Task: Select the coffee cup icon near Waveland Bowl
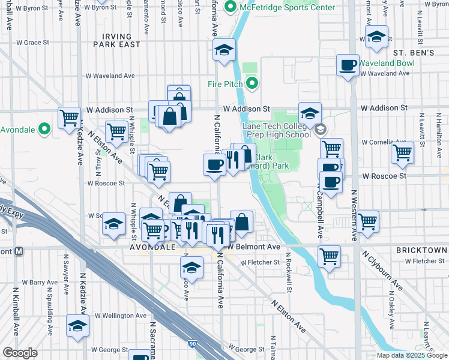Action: (x=348, y=65)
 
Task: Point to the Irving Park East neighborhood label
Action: (x=117, y=40)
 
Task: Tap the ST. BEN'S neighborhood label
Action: (x=414, y=53)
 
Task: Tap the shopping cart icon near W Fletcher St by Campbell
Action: (x=329, y=256)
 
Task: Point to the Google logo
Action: (x=20, y=353)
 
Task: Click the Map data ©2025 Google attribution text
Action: (x=411, y=355)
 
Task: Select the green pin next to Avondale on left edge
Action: (x=43, y=129)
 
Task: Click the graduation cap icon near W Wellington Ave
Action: (x=77, y=326)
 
